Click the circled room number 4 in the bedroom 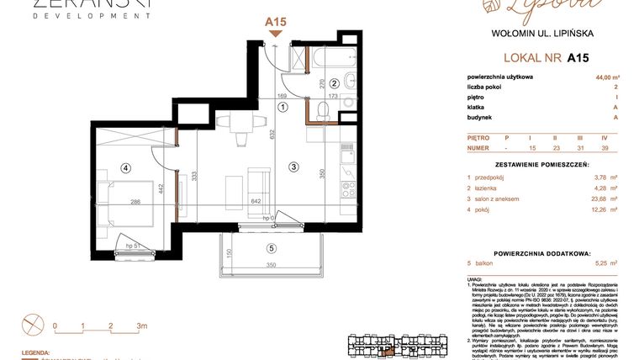click(125, 167)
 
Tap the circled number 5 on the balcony click(270, 247)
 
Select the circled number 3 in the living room click(293, 167)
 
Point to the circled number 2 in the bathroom click(334, 83)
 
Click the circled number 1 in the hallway click(283, 107)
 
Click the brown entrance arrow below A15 click(275, 33)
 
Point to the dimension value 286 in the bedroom click(135, 202)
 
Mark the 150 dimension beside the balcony click(228, 255)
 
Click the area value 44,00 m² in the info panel click(604, 76)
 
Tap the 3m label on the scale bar click(141, 325)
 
